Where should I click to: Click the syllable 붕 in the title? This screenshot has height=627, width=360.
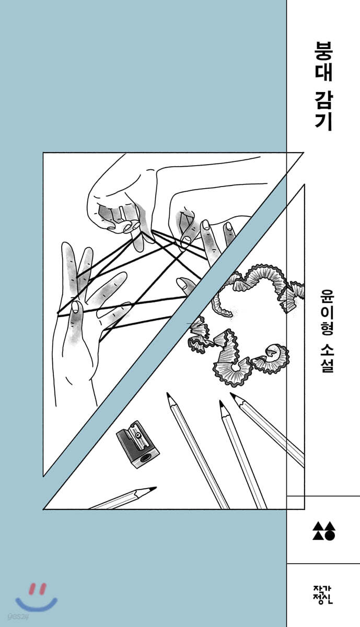coord(324,51)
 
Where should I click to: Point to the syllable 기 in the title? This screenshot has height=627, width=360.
coord(324,122)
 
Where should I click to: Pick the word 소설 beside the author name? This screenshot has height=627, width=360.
coord(324,358)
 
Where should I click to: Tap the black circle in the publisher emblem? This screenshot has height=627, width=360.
coord(330,535)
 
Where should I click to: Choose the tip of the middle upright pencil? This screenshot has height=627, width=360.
coord(220,401)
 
